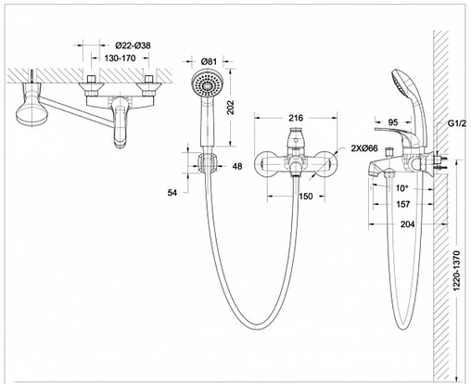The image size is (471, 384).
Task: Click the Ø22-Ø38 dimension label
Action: pyautogui.click(x=134, y=45)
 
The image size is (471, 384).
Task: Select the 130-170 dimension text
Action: pyautogui.click(x=120, y=58)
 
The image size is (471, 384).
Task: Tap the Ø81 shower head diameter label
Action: pyautogui.click(x=209, y=61)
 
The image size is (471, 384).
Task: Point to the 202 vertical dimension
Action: pyautogui.click(x=231, y=108)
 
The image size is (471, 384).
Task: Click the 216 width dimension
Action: pyautogui.click(x=296, y=118)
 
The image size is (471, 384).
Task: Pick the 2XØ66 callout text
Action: pyautogui.click(x=364, y=148)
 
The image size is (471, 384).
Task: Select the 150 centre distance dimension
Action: pyautogui.click(x=306, y=197)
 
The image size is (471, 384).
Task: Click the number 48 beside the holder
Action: pyautogui.click(x=237, y=166)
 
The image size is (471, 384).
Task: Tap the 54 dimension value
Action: pyautogui.click(x=172, y=193)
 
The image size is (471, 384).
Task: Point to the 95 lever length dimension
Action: pyautogui.click(x=393, y=122)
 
